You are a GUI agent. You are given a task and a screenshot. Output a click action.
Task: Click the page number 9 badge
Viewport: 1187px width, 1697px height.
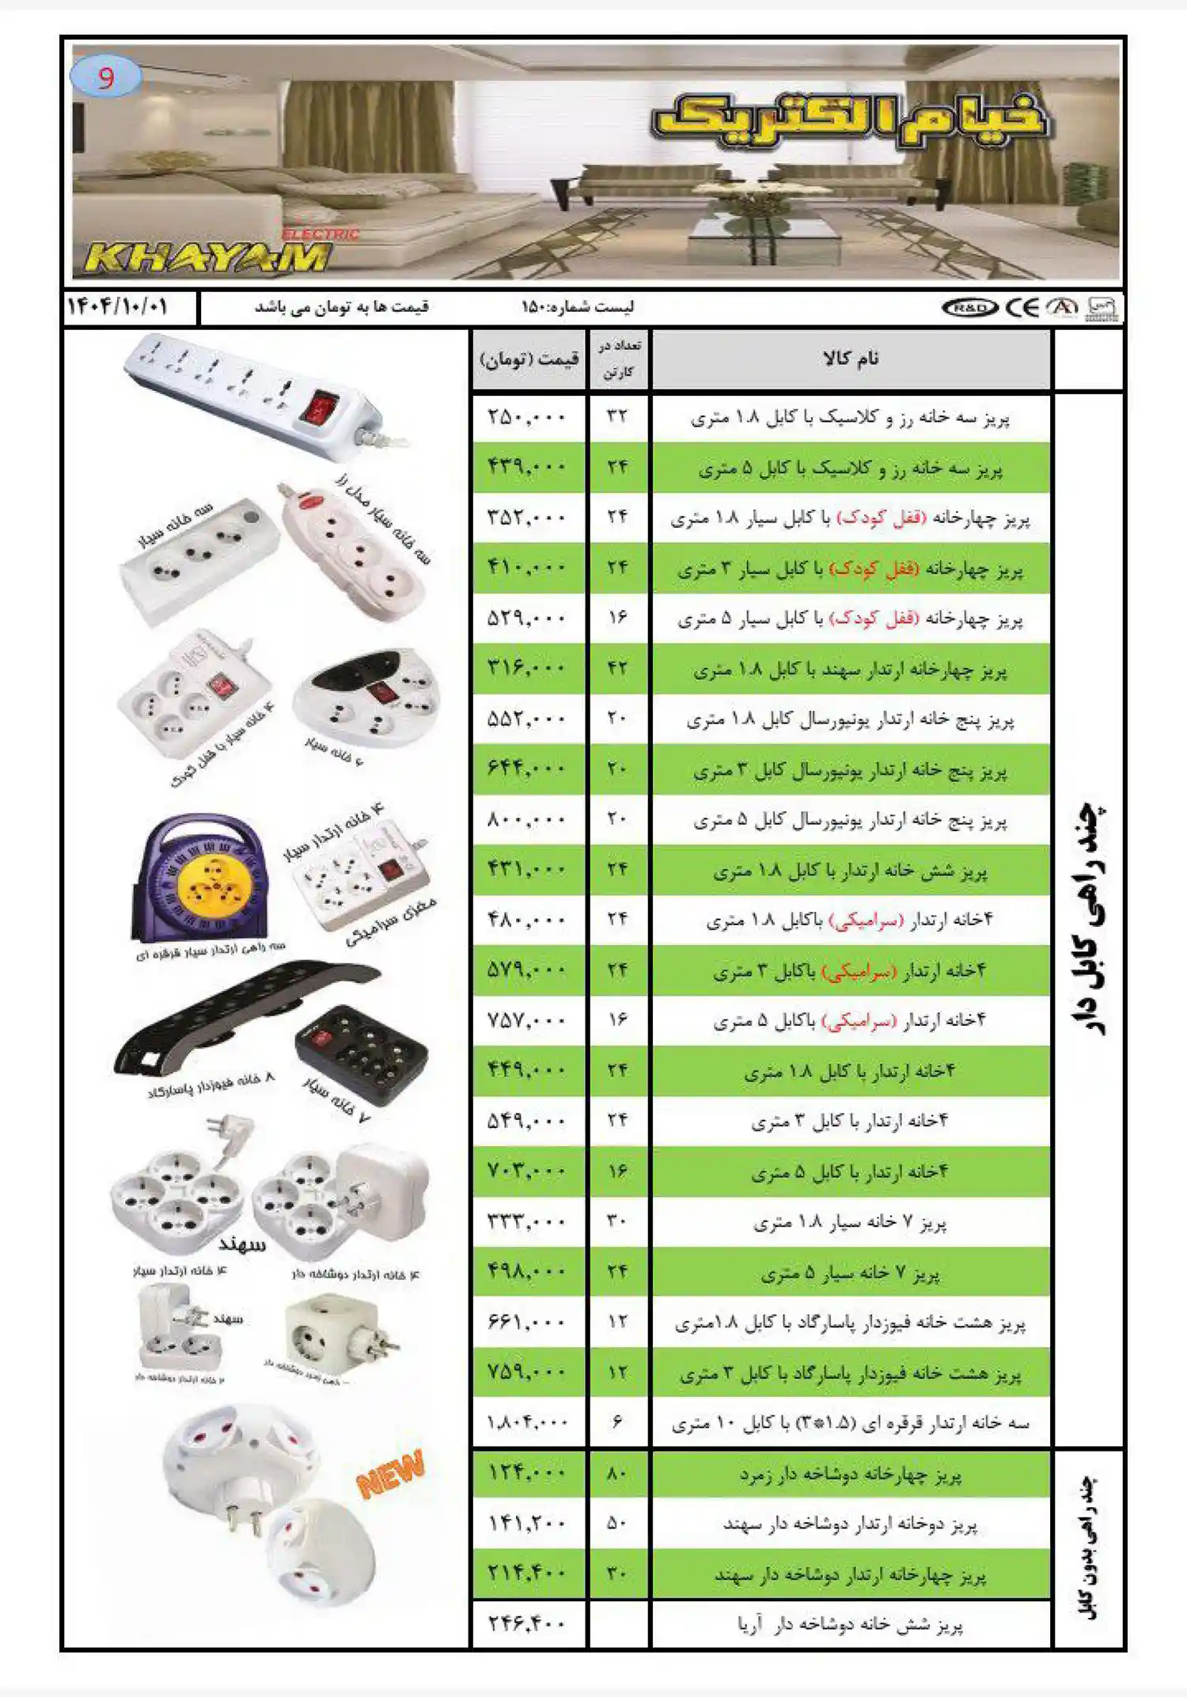tap(106, 77)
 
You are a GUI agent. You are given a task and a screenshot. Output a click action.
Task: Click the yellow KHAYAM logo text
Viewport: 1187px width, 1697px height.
tap(207, 257)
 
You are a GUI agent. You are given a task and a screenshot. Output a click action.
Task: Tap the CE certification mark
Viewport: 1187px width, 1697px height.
tap(1022, 307)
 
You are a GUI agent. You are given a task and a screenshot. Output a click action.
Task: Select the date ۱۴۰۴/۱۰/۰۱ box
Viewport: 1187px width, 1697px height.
tap(118, 306)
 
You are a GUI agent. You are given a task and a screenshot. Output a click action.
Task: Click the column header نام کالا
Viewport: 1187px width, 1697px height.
tap(851, 359)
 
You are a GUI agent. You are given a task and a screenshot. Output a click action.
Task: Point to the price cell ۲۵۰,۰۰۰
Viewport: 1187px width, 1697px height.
tap(527, 416)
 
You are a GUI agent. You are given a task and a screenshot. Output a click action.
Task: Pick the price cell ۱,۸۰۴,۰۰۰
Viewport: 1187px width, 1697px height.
tap(527, 1422)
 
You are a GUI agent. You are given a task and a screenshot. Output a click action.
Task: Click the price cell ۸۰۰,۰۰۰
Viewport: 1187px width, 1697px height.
tap(527, 819)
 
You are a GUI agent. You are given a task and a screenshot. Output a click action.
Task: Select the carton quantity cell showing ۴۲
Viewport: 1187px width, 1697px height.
tap(617, 668)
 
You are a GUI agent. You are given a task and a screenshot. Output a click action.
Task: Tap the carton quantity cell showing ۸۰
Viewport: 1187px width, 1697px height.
tap(617, 1473)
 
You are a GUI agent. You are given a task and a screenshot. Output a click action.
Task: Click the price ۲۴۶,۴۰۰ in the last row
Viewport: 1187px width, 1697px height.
tap(527, 1624)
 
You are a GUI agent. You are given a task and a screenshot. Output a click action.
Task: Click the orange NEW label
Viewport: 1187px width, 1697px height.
tap(390, 1474)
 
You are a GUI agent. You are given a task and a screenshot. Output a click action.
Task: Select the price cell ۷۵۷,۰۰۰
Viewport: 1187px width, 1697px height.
tap(527, 1020)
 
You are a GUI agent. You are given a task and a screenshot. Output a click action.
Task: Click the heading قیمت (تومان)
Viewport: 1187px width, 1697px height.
tap(529, 359)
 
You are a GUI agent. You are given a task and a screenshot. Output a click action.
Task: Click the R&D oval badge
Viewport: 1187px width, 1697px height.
tap(969, 308)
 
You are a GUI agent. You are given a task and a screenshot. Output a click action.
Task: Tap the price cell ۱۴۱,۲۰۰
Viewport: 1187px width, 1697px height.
tap(527, 1524)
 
